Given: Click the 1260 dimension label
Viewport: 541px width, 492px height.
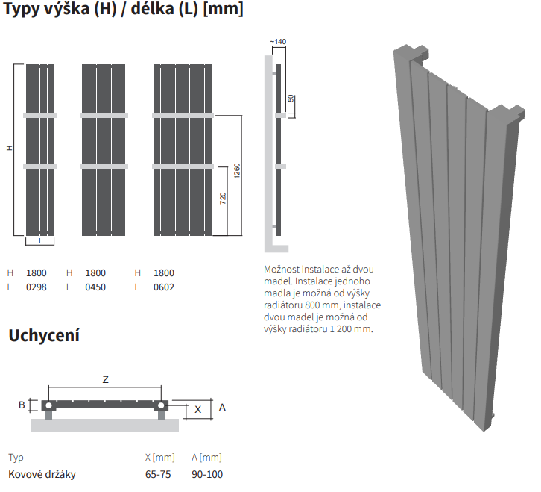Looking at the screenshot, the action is [237, 171].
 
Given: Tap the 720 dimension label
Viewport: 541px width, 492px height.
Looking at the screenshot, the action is [223, 198].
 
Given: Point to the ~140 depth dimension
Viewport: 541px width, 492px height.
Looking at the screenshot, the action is [278, 42].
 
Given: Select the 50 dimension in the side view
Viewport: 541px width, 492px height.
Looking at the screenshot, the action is [291, 99].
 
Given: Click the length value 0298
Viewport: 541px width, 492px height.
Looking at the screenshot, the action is [37, 287].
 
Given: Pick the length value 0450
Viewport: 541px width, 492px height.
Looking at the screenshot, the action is [95, 287].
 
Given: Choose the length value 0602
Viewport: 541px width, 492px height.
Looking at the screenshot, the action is [164, 287].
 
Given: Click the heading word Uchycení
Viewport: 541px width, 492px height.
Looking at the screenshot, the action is [44, 335].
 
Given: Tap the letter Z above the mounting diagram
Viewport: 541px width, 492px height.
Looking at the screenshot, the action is [106, 379].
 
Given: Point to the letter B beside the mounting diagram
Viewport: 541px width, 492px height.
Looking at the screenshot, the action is [22, 405].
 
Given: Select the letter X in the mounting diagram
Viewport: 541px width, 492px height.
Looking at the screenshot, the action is [197, 410].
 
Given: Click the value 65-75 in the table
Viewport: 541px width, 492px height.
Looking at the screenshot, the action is [158, 474].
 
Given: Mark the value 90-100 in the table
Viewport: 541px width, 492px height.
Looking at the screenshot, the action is [207, 474].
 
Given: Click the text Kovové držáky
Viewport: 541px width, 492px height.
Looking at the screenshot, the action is [42, 474].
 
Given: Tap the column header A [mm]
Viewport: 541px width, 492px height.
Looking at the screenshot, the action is [206, 458].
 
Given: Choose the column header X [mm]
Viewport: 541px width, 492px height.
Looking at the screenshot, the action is [160, 458].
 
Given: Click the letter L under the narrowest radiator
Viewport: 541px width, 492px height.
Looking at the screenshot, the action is [40, 241].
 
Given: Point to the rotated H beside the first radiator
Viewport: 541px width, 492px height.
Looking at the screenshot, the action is [10, 148].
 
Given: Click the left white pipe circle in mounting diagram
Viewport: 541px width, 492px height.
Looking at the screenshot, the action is [48, 405].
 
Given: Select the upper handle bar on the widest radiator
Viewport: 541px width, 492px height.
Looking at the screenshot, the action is [183, 116].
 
